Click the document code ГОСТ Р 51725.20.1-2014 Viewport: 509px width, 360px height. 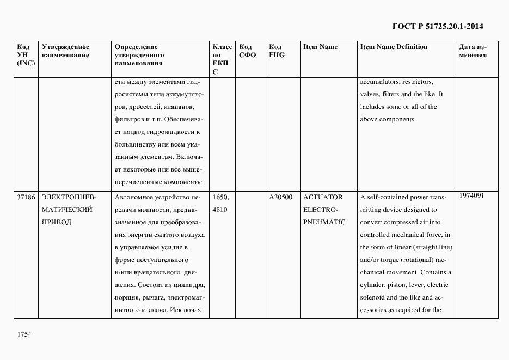pos(438,26)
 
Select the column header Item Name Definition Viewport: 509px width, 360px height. pos(394,47)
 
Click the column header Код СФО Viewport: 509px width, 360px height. pos(247,51)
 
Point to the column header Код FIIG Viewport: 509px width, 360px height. pos(277,51)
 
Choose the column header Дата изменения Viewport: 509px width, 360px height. pos(473,51)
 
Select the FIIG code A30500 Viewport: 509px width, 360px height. pos(280,197)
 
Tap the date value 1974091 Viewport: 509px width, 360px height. pos(471,196)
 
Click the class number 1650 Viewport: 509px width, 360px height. pos(221,197)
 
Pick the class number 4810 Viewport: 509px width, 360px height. pos(219,210)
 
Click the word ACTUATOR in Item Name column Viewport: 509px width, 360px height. pos(323,197)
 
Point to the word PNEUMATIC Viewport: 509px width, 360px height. pos(324,222)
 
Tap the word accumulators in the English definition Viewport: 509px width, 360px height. pos(380,82)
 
